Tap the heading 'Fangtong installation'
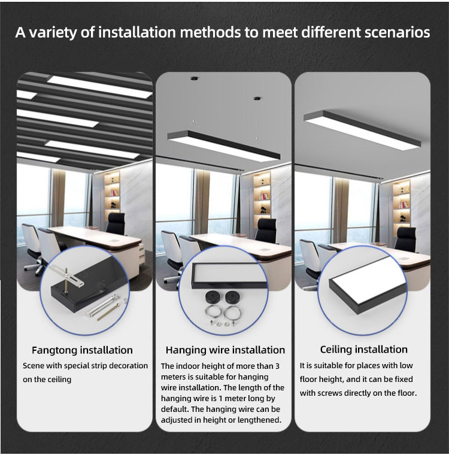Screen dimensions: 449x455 (82, 350)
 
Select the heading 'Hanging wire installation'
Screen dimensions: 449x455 (225, 350)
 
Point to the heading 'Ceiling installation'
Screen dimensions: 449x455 (363, 350)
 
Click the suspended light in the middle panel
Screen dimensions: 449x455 (224, 145)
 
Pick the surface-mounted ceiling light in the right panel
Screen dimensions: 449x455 (362, 129)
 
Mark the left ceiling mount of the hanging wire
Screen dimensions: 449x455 (193, 78)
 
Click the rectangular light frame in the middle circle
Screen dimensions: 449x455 (229, 275)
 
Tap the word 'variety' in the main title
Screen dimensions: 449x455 (53, 32)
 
